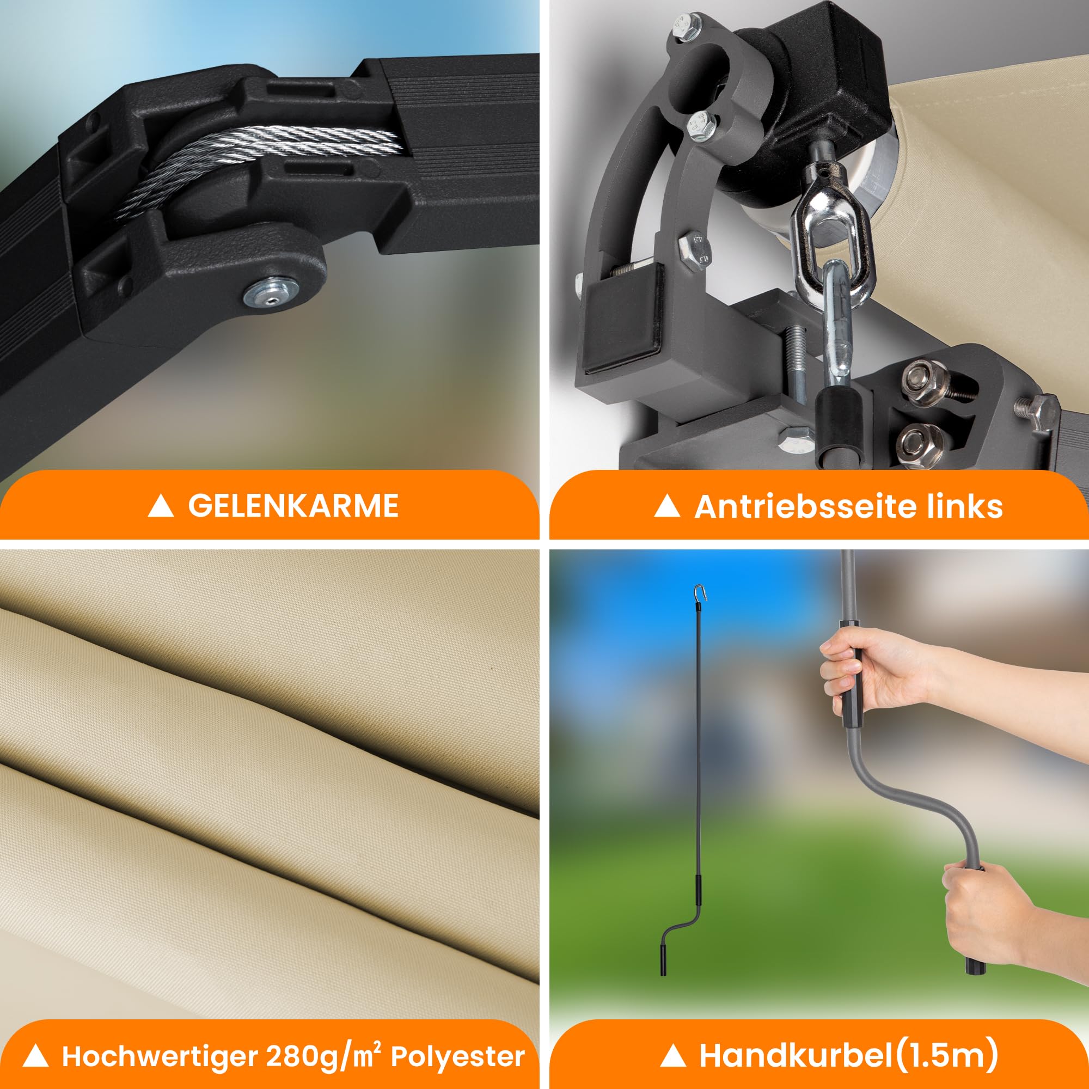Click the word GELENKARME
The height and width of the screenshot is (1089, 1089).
293,506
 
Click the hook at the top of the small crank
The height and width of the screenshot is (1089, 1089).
700,594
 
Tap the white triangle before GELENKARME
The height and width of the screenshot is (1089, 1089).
160,506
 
